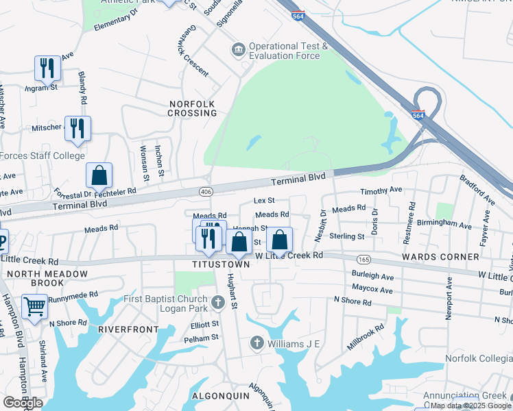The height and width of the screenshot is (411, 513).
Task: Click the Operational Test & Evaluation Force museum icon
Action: (x=238, y=49)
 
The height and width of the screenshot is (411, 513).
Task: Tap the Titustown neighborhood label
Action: (x=220, y=264)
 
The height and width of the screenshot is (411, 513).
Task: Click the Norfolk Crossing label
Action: (x=193, y=108)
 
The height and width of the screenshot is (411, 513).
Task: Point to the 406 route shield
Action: (x=204, y=190)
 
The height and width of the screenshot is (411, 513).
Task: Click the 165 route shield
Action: (x=363, y=259)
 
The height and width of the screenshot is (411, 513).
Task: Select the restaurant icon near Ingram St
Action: (x=47, y=67)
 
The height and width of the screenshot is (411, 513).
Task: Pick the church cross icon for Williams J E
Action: (x=257, y=342)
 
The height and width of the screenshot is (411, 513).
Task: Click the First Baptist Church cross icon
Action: (x=217, y=302)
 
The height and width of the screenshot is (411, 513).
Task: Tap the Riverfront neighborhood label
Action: (x=124, y=329)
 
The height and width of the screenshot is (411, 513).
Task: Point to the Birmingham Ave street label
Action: (x=446, y=225)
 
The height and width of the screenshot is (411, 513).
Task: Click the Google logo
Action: (x=23, y=403)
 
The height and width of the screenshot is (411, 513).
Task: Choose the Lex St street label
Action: (x=264, y=201)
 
